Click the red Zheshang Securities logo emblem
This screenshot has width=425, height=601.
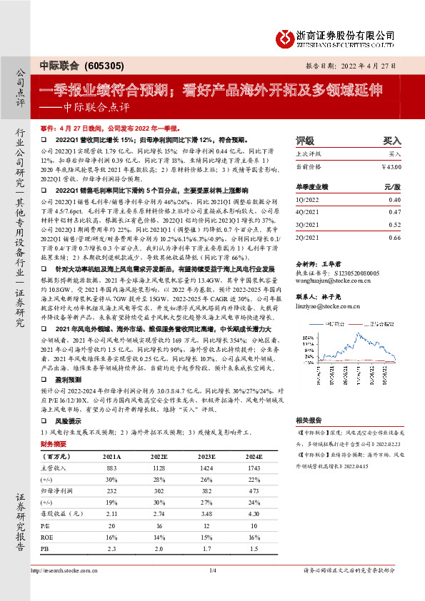284,36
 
